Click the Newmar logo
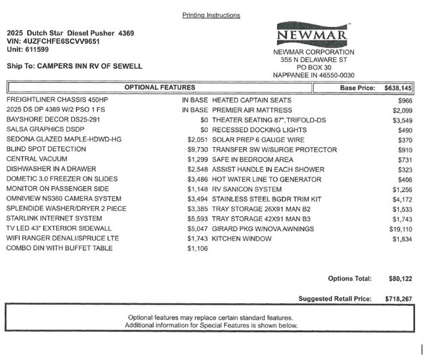click(313, 34)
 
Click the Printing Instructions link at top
click(211, 15)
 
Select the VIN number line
click(53, 41)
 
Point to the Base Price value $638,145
click(397, 88)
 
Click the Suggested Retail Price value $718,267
click(399, 298)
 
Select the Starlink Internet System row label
click(54, 218)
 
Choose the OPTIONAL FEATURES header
click(160, 88)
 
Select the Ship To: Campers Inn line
click(74, 66)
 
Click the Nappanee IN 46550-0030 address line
click(313, 76)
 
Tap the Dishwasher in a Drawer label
click(51, 169)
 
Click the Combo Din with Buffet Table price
click(198, 249)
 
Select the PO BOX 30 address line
click(313, 67)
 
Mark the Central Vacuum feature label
click(36, 159)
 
